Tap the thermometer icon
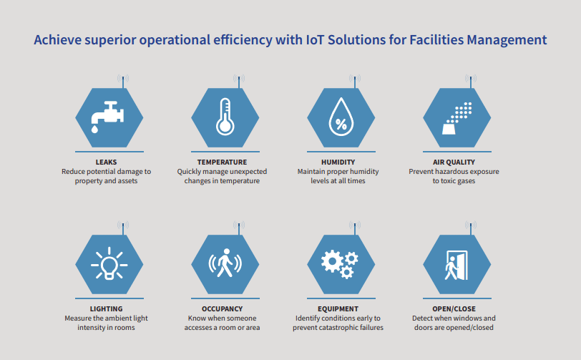pyautogui.click(x=225, y=117)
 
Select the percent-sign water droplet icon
pyautogui.click(x=341, y=117)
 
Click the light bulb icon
pyautogui.click(x=109, y=263)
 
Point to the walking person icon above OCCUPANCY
pyautogui.click(x=225, y=263)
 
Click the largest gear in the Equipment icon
pyautogui.click(x=332, y=261)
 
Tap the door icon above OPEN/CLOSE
pyautogui.click(x=457, y=265)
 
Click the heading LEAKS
pyautogui.click(x=106, y=162)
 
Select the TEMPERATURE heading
pyautogui.click(x=222, y=162)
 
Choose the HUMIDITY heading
pyautogui.click(x=338, y=162)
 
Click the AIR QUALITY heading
pyautogui.click(x=454, y=162)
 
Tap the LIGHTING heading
pyautogui.click(x=106, y=309)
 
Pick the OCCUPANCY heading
pyautogui.click(x=222, y=309)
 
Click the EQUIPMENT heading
pyautogui.click(x=338, y=309)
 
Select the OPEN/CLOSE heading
pyautogui.click(x=454, y=309)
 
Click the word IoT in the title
pyautogui.click(x=315, y=39)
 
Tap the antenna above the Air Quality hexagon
pyautogui.click(x=471, y=81)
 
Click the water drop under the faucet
pyautogui.click(x=95, y=129)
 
